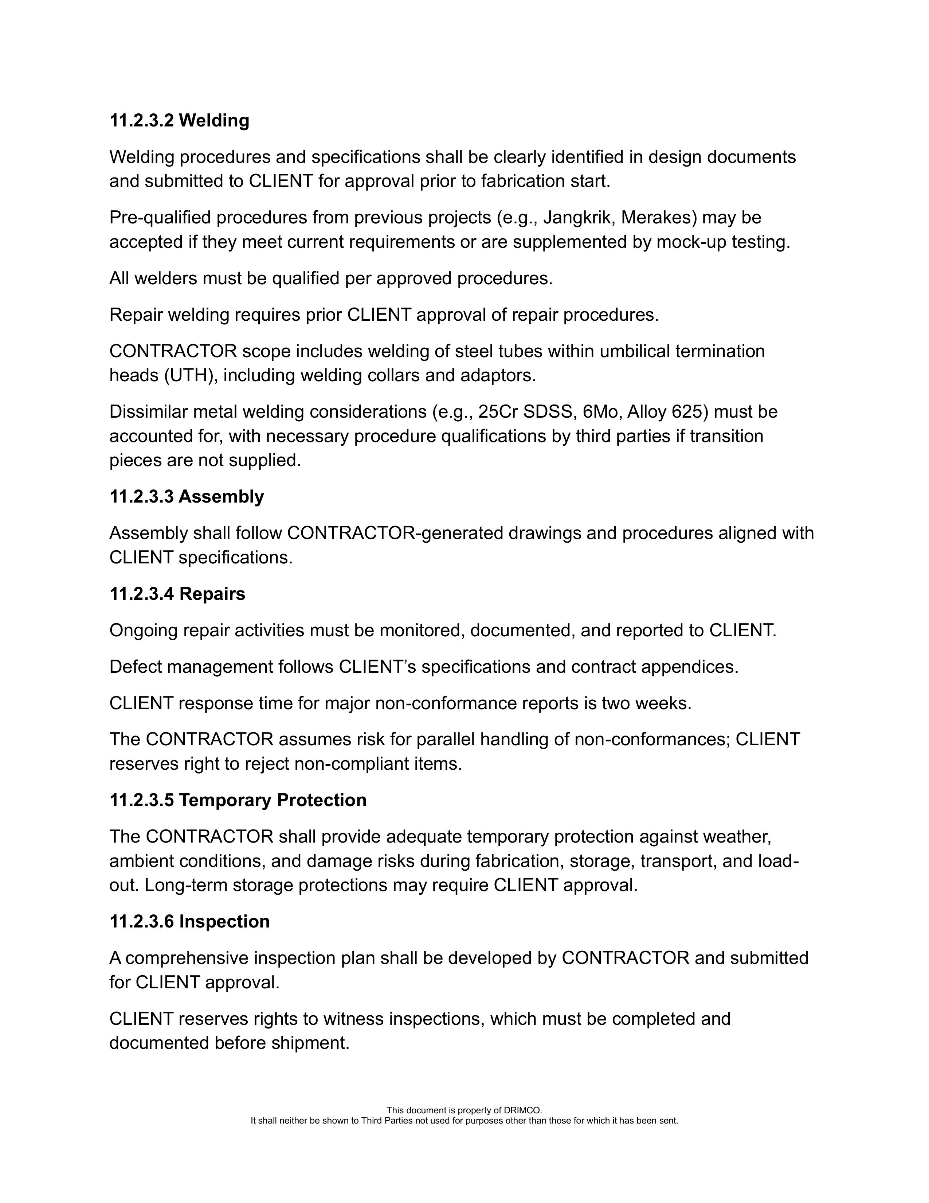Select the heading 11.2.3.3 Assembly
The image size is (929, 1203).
187,496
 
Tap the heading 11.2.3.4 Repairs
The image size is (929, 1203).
177,593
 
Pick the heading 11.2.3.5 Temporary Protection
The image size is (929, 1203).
238,800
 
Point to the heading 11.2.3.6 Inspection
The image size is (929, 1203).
189,921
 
